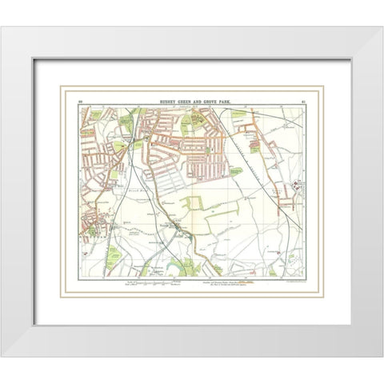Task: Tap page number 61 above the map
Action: click(302, 102)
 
